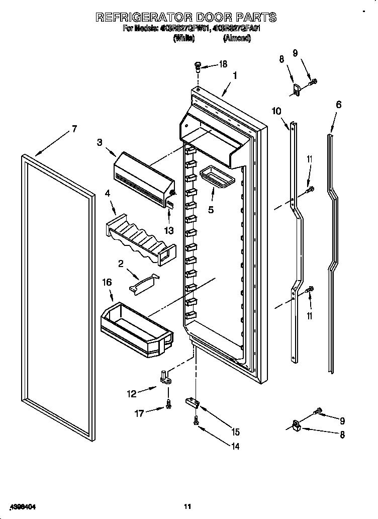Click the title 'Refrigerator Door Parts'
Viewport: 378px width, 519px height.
click(x=186, y=17)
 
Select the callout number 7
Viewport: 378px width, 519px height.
click(x=74, y=129)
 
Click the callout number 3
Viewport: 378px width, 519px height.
click(x=100, y=142)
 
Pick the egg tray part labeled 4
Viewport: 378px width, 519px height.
click(x=141, y=237)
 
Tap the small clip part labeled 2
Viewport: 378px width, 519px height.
click(x=144, y=283)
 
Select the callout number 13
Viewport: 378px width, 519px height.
click(x=169, y=230)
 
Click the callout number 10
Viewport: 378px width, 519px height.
click(x=277, y=111)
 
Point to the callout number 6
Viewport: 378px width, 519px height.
click(x=338, y=105)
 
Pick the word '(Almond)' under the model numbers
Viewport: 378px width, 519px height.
click(x=237, y=38)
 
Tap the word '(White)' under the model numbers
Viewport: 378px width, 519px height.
click(x=183, y=38)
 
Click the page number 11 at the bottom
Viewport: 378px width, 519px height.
click(x=187, y=506)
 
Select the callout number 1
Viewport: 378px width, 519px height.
click(x=235, y=76)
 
